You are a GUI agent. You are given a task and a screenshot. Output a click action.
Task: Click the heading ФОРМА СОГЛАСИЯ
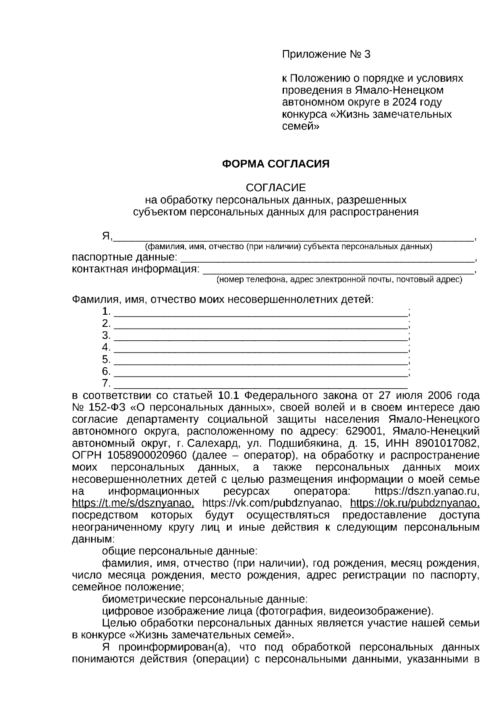pos(276,164)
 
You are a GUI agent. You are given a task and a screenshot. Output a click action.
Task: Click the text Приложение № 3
pos(326,54)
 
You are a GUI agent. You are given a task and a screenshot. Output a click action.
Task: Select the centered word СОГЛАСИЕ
pos(276,187)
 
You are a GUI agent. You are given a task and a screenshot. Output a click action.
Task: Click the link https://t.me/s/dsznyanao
pos(133,503)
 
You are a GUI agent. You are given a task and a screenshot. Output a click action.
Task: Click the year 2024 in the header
pos(406,103)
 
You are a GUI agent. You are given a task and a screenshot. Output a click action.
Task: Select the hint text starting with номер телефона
pos(339,280)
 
